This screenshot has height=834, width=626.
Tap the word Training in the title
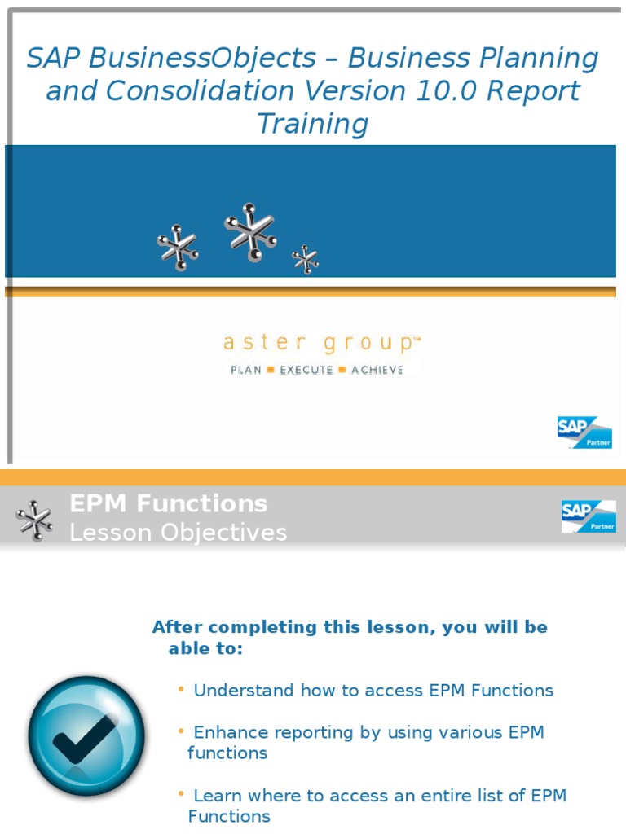[x=312, y=124]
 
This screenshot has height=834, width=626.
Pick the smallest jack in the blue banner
[x=306, y=260]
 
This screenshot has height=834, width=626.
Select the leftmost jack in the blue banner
[x=178, y=247]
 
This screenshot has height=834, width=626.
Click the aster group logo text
[x=321, y=344]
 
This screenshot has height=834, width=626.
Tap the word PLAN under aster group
[x=246, y=370]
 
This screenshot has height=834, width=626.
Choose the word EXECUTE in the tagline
[x=306, y=370]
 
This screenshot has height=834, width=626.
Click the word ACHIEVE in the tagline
[x=377, y=370]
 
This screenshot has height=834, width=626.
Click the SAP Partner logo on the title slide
[x=584, y=432]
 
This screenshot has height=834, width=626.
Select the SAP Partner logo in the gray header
[x=588, y=516]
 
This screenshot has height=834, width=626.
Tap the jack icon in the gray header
[x=34, y=520]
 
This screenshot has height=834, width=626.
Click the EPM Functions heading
[x=169, y=504]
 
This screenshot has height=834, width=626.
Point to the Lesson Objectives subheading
[x=178, y=533]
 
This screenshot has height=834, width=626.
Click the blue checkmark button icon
[x=86, y=735]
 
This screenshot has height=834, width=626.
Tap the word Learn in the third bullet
[x=216, y=796]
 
